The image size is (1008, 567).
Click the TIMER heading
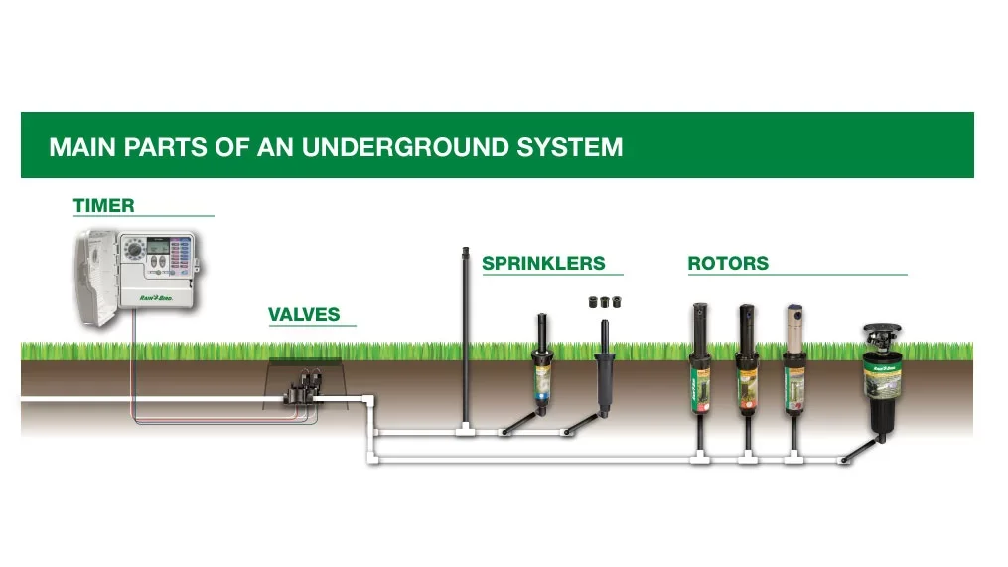click(x=103, y=206)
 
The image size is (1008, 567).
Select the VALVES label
click(x=304, y=315)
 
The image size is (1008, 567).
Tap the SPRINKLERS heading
click(x=543, y=263)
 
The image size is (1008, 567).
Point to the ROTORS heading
click(x=728, y=263)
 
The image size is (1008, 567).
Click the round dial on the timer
click(x=134, y=256)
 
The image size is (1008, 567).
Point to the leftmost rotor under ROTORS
click(x=700, y=367)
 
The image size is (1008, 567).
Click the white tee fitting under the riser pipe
click(x=465, y=430)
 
